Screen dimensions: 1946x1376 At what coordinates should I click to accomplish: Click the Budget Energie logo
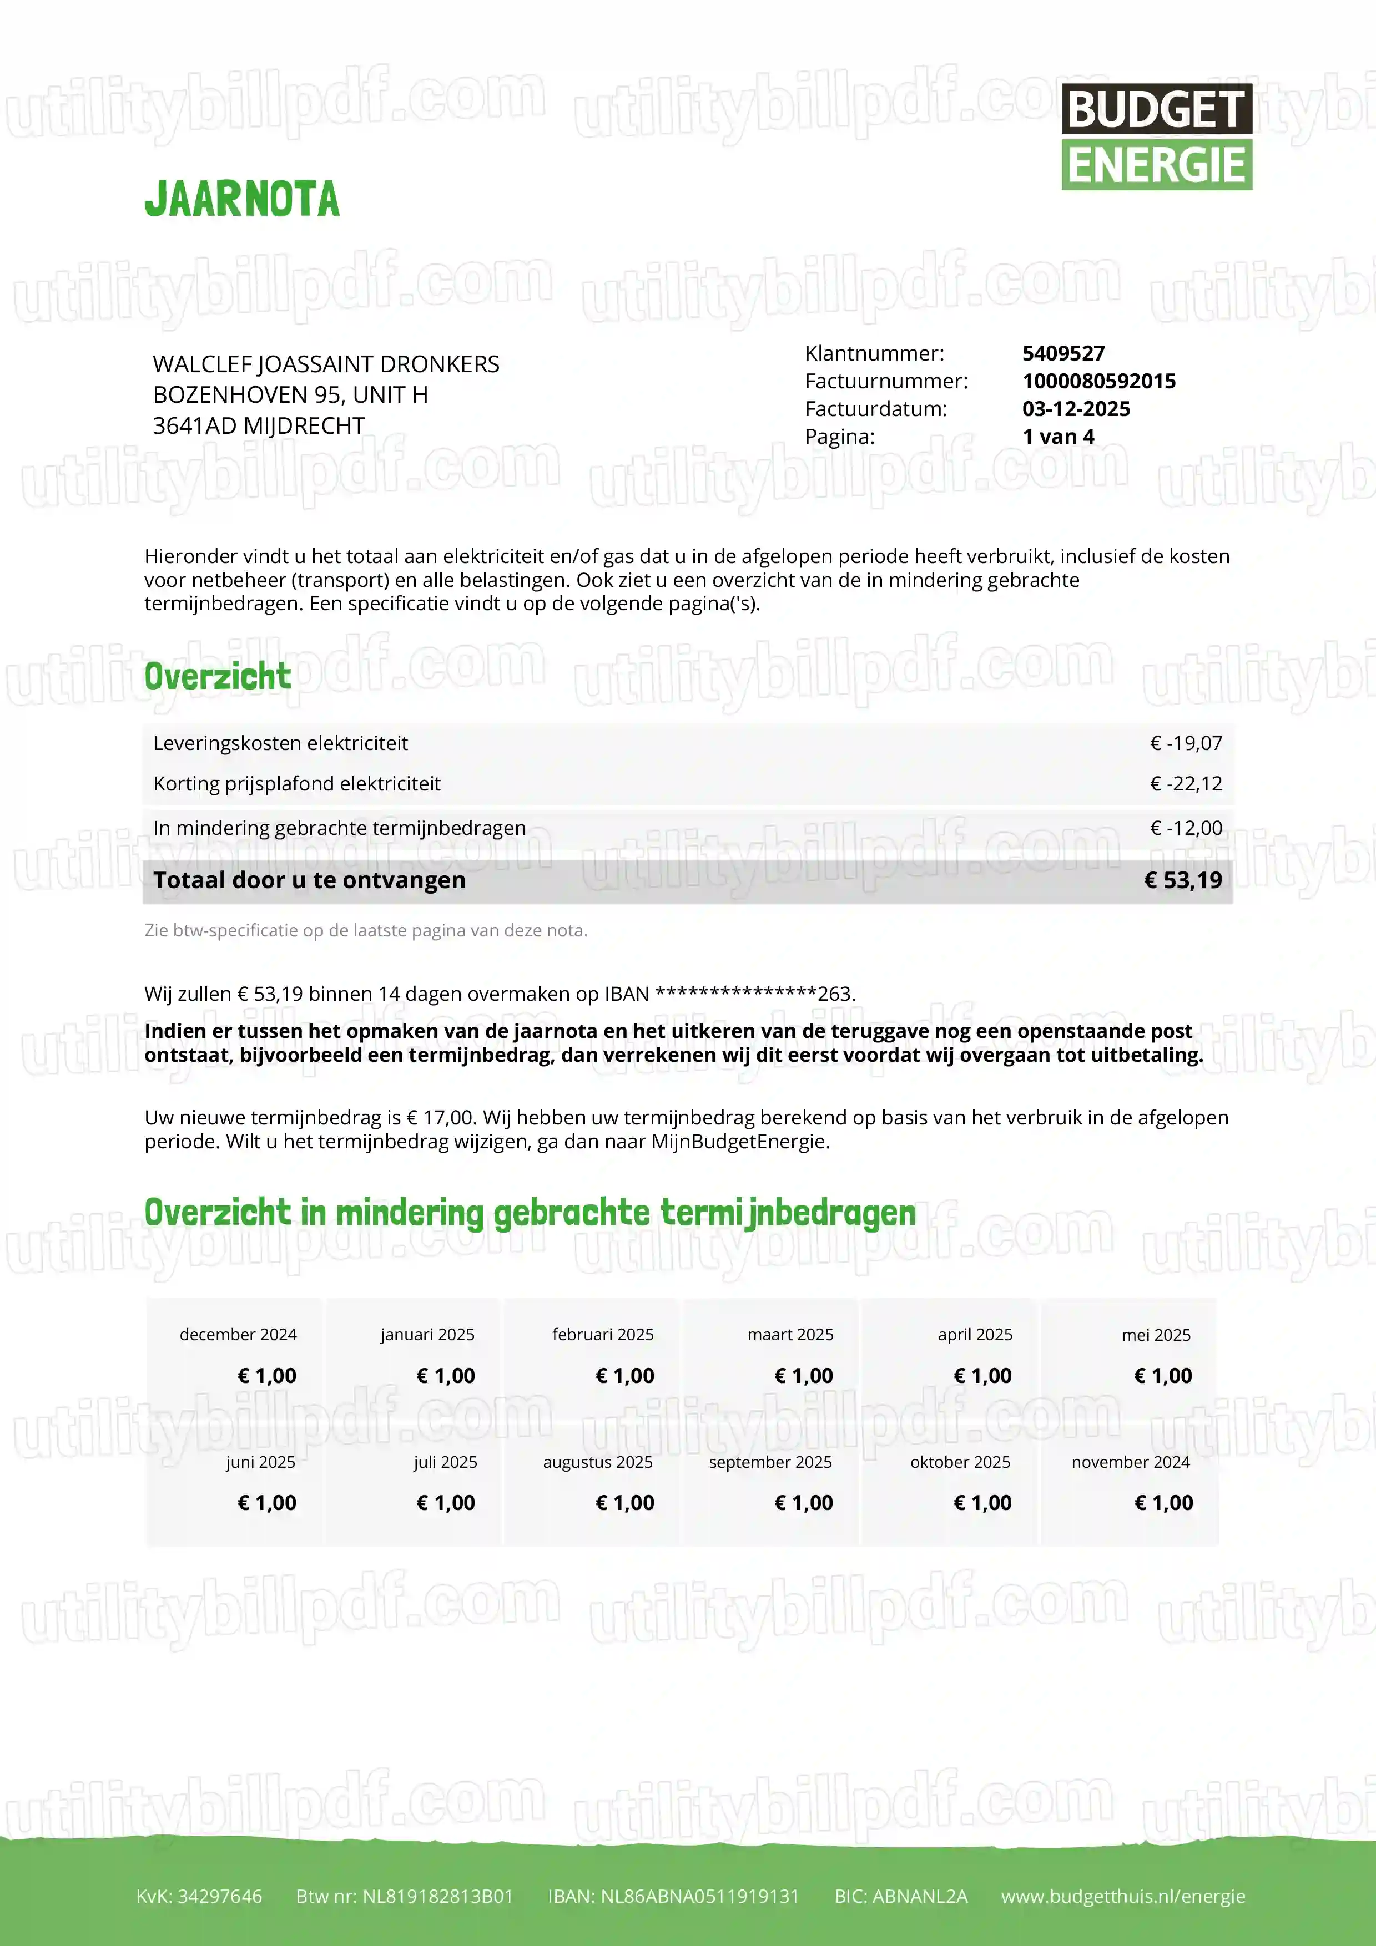(1156, 136)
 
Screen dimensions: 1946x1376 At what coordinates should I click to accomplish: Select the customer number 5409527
(1063, 353)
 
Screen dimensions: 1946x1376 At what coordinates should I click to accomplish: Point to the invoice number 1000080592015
(1099, 382)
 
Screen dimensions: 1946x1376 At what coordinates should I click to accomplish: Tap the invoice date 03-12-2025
(1076, 409)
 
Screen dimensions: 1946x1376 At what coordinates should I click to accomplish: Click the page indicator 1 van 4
(1058, 437)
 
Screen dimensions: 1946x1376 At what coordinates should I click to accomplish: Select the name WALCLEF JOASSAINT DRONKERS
(326, 364)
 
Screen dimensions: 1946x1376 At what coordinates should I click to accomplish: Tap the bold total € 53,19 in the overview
(1183, 880)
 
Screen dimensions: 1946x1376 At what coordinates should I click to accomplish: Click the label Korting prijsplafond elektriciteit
(297, 784)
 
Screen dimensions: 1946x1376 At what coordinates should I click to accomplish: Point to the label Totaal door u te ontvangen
(310, 880)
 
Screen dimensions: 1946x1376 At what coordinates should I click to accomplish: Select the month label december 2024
(238, 1335)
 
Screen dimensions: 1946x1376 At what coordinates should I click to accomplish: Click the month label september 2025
(770, 1462)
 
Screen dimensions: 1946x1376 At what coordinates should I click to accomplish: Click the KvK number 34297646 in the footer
(199, 1896)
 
